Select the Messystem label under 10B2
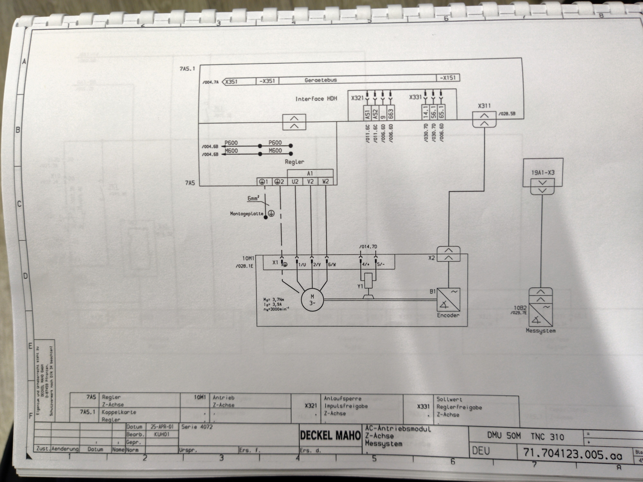tap(540, 331)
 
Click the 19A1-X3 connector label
tap(543, 173)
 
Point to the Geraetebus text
tap(321, 80)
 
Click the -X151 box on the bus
tap(448, 78)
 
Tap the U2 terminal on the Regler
tap(295, 182)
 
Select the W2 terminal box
tap(326, 182)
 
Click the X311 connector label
tap(484, 106)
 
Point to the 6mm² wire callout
tap(253, 198)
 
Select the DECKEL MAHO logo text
tap(330, 435)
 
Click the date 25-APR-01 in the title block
tap(162, 427)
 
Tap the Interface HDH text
tap(316, 99)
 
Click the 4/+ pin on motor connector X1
tap(365, 264)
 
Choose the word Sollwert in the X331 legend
tap(449, 399)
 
